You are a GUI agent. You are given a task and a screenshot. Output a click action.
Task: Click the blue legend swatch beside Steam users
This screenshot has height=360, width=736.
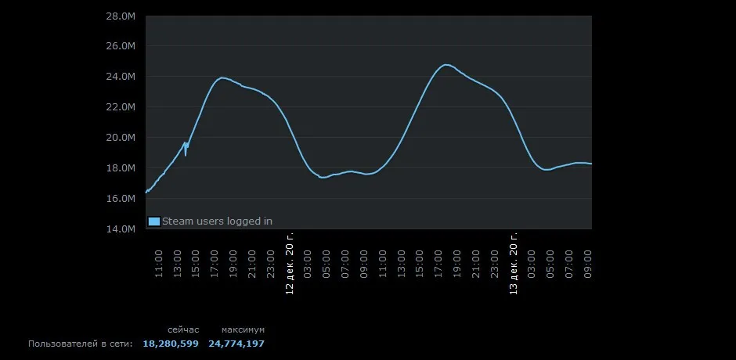pos(154,221)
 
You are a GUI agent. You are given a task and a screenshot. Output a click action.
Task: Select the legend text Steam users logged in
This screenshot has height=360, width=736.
pos(217,221)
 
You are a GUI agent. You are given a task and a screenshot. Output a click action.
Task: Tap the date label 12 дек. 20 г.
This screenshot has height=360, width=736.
pos(290,263)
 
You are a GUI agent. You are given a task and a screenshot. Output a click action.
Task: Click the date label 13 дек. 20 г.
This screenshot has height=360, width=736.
pos(514,263)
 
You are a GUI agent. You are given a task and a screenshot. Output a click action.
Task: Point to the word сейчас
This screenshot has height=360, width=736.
pos(183,329)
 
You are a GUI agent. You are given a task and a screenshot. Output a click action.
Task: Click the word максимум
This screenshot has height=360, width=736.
pos(243,329)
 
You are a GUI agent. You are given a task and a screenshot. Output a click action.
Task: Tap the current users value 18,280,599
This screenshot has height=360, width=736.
pos(170,344)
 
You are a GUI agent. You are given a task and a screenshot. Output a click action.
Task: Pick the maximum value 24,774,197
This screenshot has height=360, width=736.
pos(236,344)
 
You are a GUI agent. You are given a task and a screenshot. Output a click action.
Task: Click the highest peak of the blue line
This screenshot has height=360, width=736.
pos(446,65)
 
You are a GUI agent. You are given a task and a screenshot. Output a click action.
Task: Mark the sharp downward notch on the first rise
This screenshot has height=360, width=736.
pos(186,154)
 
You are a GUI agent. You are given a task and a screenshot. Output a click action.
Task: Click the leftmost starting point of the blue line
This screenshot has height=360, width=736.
pos(146,192)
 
